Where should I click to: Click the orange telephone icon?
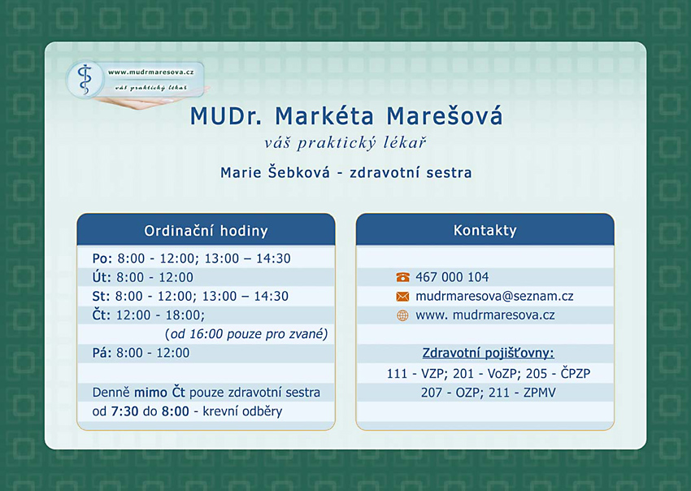(x=402, y=277)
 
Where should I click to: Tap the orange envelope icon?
(x=402, y=296)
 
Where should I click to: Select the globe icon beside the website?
(x=402, y=315)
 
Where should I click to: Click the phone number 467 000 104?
(x=452, y=277)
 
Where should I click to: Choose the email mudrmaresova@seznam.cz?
(x=494, y=296)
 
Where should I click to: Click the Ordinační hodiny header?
(x=206, y=231)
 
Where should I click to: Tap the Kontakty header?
(x=485, y=230)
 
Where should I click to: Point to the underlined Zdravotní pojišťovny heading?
(x=489, y=353)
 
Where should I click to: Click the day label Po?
(x=102, y=259)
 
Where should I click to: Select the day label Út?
(x=101, y=276)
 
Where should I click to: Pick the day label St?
(x=101, y=296)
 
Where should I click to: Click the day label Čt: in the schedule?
(x=102, y=315)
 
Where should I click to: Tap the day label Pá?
(x=102, y=352)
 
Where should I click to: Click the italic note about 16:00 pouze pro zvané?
(x=246, y=334)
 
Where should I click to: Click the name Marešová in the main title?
(x=444, y=116)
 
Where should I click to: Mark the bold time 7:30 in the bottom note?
(x=124, y=411)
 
